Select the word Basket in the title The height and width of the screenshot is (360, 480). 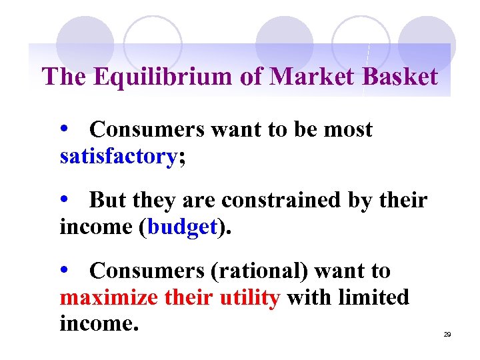pos(400,77)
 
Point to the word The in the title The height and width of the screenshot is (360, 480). pos(65,77)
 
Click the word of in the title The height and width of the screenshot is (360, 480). pos(251,77)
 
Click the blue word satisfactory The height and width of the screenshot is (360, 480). pos(118,157)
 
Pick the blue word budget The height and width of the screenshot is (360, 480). pos(182,227)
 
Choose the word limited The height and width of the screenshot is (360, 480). pos(373,297)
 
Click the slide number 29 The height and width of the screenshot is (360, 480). pos(447,333)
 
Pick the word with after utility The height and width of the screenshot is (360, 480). pos(306,297)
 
